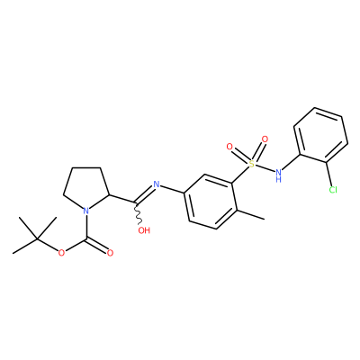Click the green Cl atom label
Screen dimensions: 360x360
(333, 190)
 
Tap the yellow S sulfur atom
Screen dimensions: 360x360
(251, 164)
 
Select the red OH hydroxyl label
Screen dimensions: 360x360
(144, 230)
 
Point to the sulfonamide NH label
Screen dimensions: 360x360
(279, 175)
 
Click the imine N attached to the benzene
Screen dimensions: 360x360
(156, 184)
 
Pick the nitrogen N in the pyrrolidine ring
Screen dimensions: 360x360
(86, 211)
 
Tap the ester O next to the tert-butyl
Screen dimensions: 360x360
(61, 253)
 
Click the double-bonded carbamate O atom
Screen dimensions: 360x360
(110, 253)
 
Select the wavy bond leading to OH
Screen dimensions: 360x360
(138, 213)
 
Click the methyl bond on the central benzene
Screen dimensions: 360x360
(249, 214)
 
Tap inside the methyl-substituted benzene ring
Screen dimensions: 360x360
(210, 202)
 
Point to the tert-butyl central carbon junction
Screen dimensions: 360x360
(37, 239)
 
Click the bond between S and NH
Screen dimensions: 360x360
(265, 168)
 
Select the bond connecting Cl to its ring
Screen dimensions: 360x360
(328, 174)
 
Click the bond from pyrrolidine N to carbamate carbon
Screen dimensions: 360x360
(86, 227)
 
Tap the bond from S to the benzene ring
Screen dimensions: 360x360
(241, 174)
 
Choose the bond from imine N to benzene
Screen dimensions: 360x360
(172, 189)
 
